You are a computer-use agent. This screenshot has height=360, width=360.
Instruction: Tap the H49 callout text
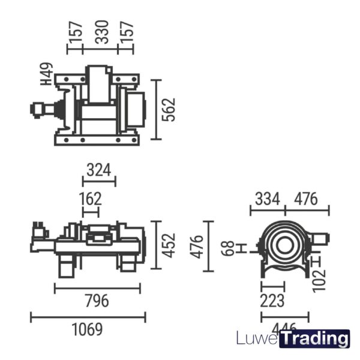[47, 74]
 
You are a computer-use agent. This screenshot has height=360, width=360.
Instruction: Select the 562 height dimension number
[170, 109]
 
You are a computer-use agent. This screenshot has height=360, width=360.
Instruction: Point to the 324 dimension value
[98, 170]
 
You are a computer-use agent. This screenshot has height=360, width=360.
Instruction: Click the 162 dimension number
[90, 198]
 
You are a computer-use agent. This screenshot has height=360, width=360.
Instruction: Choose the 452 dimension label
[170, 245]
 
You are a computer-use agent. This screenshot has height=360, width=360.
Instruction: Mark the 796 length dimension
[97, 301]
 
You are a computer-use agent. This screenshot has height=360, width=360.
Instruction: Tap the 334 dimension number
[267, 199]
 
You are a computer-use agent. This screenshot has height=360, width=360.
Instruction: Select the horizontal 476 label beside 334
[306, 199]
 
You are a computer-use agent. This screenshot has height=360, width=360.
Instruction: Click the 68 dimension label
[227, 248]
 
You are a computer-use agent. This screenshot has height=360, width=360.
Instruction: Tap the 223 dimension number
[272, 301]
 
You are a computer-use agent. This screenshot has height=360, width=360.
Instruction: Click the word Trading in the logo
[314, 339]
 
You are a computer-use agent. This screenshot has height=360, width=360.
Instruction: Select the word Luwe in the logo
[257, 339]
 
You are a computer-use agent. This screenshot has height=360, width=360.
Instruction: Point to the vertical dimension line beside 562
[155, 109]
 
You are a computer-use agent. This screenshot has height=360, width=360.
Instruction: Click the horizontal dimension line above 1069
[88, 316]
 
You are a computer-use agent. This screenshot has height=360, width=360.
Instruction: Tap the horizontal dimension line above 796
[97, 288]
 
